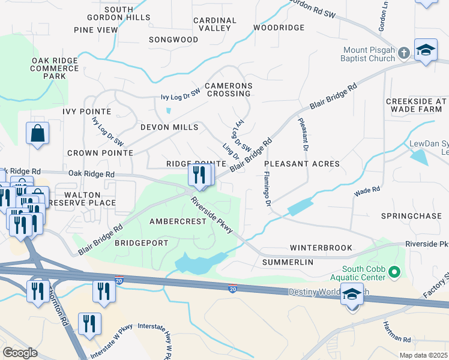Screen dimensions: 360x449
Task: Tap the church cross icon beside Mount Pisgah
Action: click(404, 53)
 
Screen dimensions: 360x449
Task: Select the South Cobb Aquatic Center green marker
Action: click(394, 273)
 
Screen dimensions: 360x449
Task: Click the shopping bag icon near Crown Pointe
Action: click(37, 133)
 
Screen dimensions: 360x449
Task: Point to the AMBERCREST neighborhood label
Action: click(178, 221)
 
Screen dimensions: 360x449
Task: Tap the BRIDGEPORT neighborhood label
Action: click(139, 243)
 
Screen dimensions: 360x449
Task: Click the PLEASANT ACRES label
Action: click(302, 164)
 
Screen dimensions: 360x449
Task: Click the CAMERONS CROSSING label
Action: click(228, 90)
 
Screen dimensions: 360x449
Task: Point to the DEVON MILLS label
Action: click(169, 127)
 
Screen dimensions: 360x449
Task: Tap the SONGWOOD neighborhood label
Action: click(173, 40)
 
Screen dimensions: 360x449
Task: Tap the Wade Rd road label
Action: click(367, 190)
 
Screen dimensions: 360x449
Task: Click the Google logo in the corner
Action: click(20, 353)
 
